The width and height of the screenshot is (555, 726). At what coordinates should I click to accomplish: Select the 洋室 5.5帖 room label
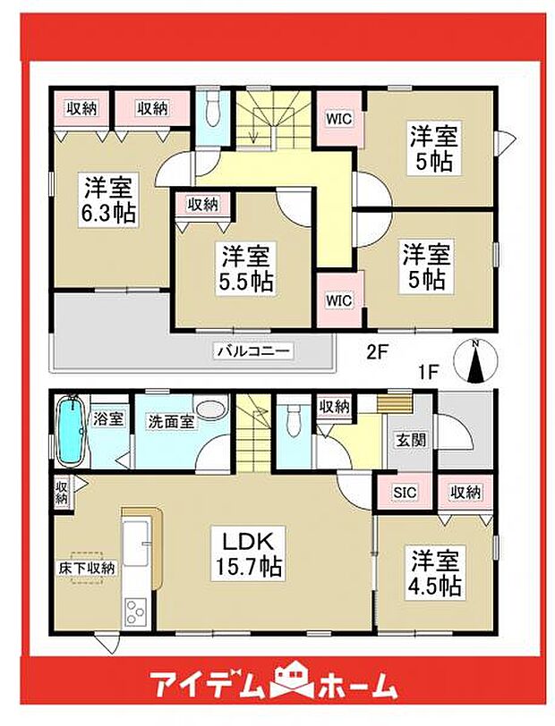pyautogui.click(x=247, y=268)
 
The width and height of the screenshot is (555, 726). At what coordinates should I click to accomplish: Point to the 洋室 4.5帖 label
pyautogui.click(x=436, y=574)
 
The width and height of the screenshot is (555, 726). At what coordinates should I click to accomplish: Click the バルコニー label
pyautogui.click(x=252, y=351)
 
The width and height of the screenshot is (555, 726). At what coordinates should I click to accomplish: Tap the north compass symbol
pyautogui.click(x=475, y=363)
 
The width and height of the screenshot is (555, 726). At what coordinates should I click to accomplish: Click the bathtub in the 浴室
pyautogui.click(x=70, y=432)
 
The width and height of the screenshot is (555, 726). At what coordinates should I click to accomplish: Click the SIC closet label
pyautogui.click(x=405, y=492)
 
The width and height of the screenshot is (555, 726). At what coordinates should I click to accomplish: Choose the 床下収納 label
pyautogui.click(x=88, y=568)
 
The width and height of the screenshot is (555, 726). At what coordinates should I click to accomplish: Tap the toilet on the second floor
pyautogui.click(x=212, y=112)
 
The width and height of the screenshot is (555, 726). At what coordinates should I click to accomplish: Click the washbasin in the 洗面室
pyautogui.click(x=211, y=409)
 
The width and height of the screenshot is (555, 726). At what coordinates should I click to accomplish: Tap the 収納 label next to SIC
pyautogui.click(x=465, y=492)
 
